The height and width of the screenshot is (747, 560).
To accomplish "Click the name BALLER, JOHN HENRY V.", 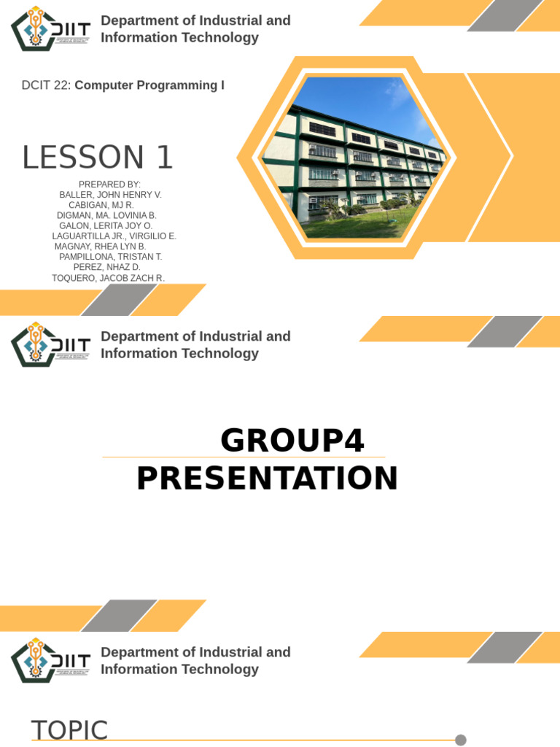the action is click(111, 195).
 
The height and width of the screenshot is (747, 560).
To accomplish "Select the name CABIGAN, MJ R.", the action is click(101, 205).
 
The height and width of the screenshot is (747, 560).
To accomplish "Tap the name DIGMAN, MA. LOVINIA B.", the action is click(106, 215).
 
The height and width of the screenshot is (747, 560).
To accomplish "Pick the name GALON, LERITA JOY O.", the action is click(106, 226).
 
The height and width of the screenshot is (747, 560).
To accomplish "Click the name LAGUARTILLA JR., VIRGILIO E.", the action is click(114, 236).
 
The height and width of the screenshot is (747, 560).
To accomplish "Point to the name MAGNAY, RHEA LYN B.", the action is click(100, 247).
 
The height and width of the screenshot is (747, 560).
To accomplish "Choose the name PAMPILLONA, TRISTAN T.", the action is click(111, 257).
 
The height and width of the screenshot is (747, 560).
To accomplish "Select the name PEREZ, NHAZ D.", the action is click(106, 267).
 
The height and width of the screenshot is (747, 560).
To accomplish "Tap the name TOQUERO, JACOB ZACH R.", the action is click(108, 278).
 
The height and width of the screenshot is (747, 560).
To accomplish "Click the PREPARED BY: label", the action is click(109, 185).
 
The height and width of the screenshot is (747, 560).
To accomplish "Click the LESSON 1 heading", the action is click(97, 158).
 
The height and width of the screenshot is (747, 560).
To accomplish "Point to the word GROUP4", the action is click(292, 440).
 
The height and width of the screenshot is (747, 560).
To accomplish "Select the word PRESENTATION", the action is click(267, 479).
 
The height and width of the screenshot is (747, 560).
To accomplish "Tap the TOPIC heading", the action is click(69, 729).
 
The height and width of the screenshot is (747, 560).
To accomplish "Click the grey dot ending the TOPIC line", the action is click(461, 740).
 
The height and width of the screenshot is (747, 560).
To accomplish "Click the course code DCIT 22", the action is click(46, 85).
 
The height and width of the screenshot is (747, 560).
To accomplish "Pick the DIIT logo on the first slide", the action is click(50, 28).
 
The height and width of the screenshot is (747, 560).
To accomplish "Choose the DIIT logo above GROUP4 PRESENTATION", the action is click(50, 344).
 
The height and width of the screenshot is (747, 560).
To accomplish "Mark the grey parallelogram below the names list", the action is click(119, 300).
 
